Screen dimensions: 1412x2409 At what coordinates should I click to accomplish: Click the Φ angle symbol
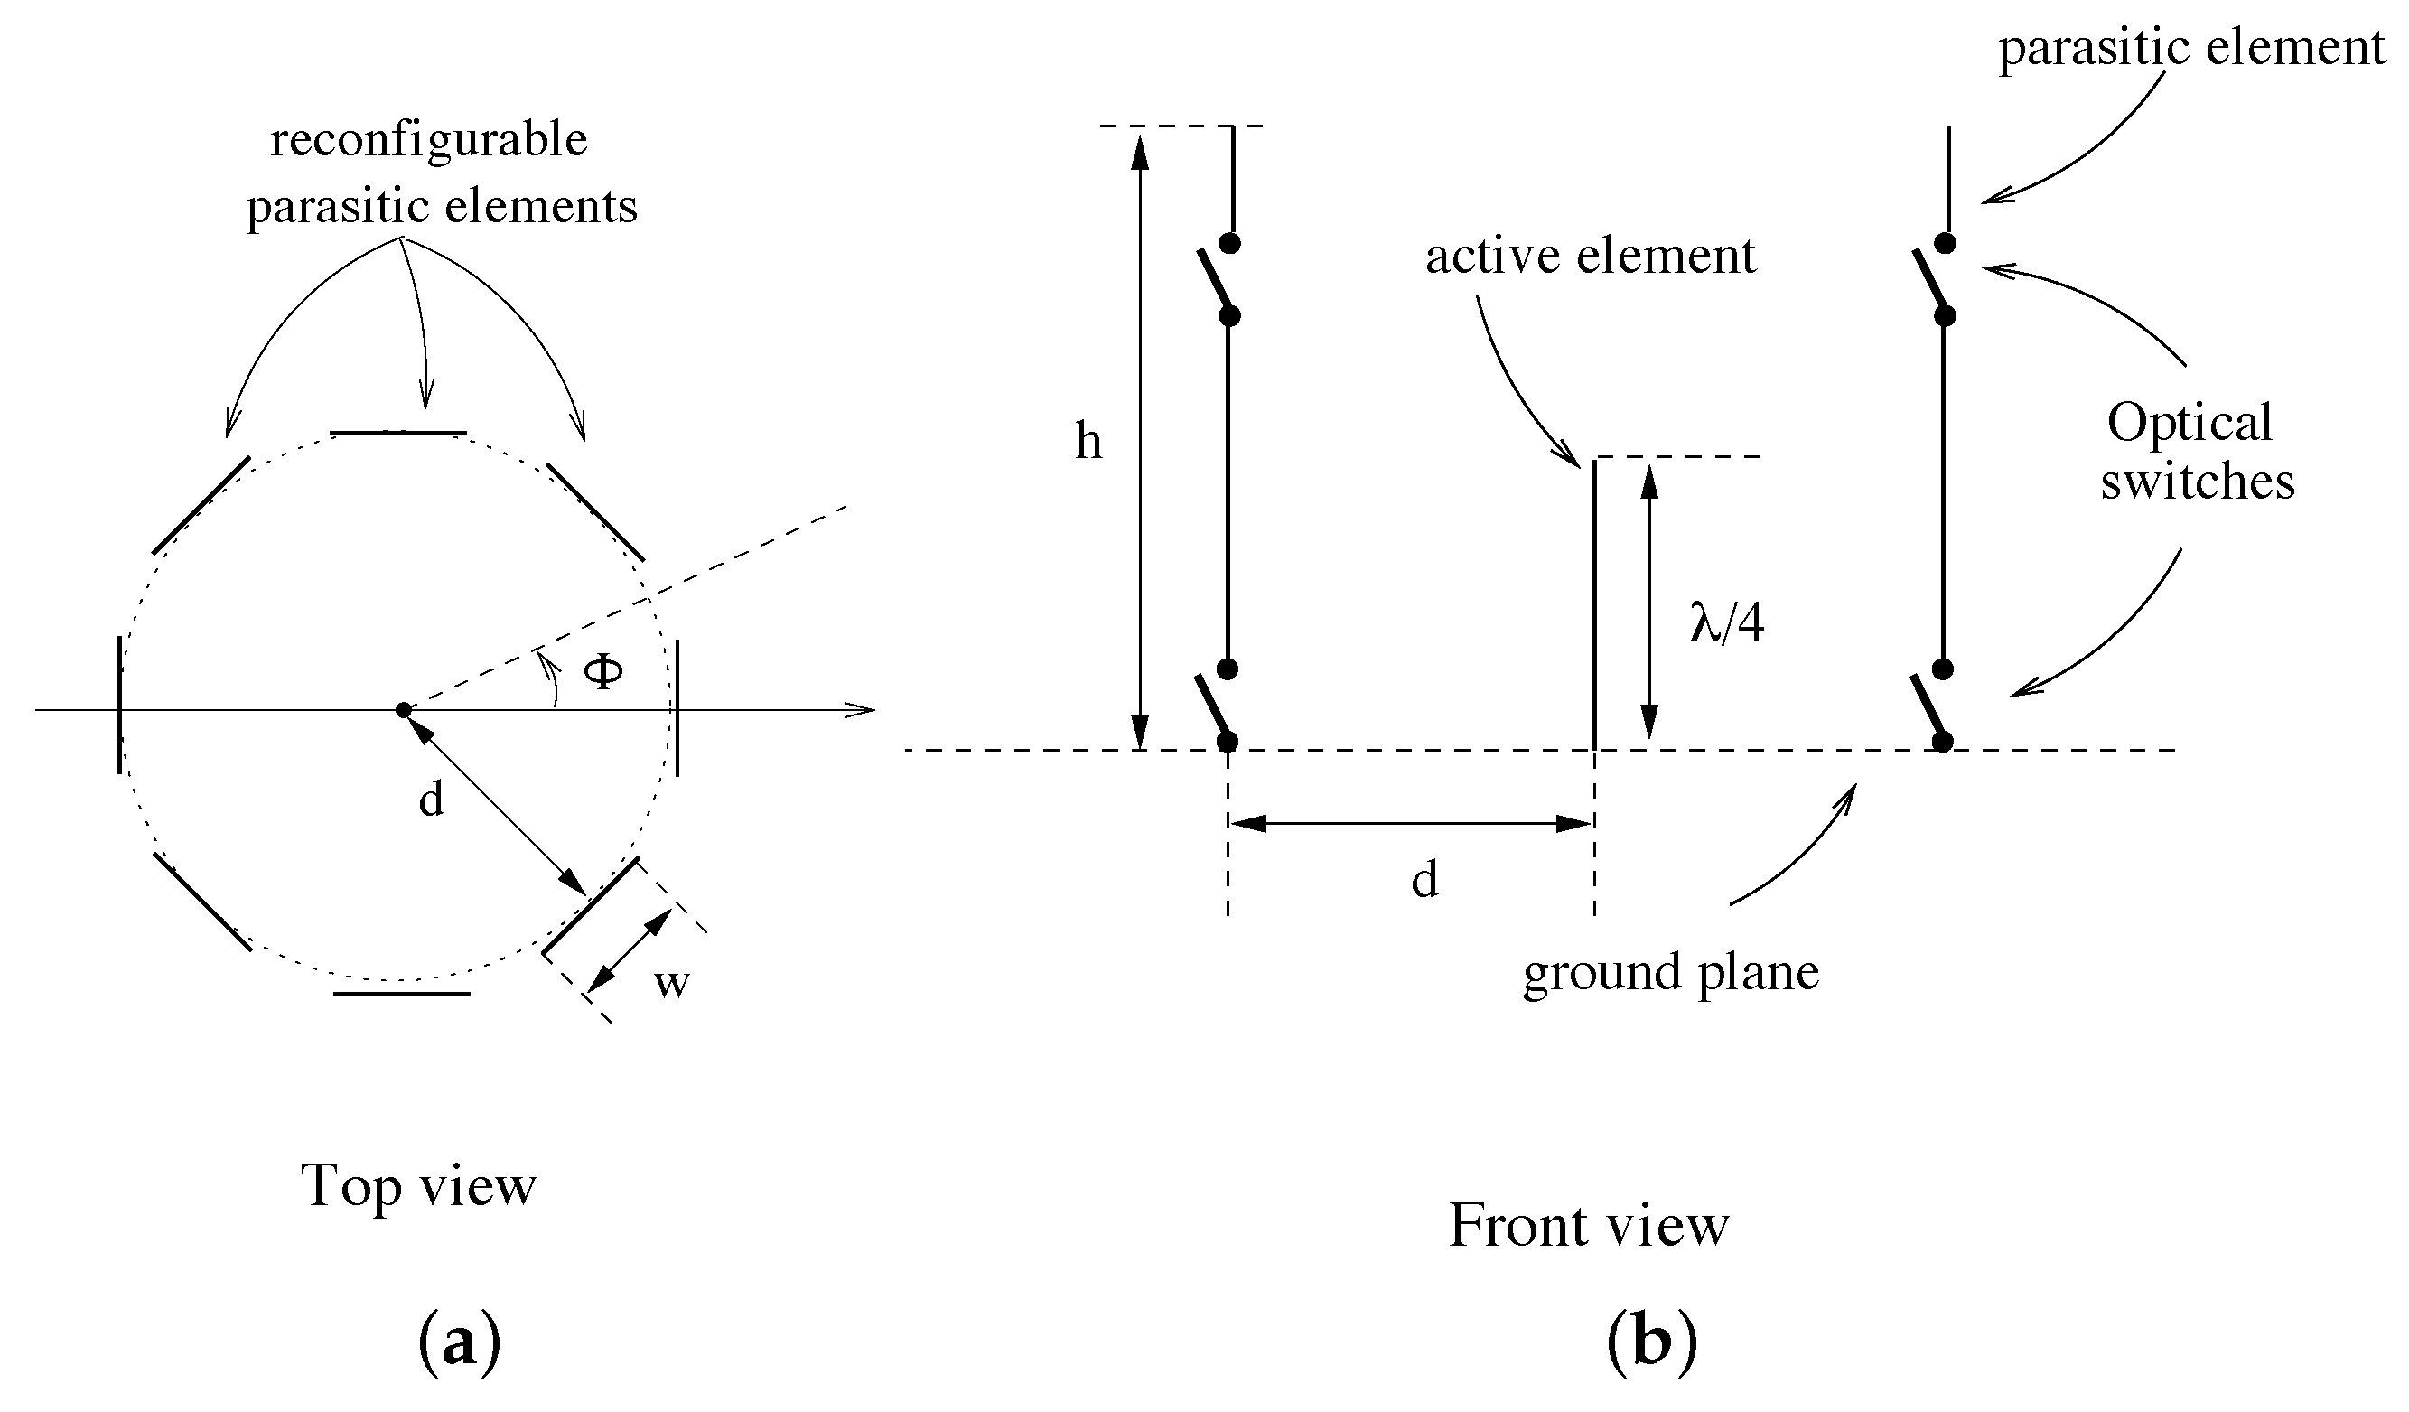pos(603,672)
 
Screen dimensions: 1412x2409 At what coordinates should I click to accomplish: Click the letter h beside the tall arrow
pos(1088,442)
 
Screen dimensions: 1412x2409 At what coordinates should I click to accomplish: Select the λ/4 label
pos(1726,623)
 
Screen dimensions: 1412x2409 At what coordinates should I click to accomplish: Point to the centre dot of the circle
pos(404,709)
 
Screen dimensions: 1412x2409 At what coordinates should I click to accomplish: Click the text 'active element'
pos(1591,257)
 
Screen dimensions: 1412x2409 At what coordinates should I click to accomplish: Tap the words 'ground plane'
pos(1671,972)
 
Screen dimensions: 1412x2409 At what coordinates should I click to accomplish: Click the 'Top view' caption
pos(419,1185)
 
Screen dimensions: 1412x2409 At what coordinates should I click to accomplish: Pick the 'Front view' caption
pos(1589,1226)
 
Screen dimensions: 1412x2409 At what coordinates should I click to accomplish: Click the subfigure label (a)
pos(459,1344)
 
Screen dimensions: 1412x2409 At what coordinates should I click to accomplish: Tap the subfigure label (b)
pos(1652,1344)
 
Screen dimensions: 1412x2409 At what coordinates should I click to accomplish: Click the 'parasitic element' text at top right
pos(2191,48)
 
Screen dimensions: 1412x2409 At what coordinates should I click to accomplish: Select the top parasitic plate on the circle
pos(398,433)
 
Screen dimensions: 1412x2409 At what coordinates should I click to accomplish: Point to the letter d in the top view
pos(431,799)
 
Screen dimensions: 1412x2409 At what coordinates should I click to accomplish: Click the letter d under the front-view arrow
pos(1424,880)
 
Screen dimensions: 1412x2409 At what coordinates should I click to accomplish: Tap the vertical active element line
pos(1593,603)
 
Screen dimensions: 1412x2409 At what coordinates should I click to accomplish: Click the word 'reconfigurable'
pos(429,141)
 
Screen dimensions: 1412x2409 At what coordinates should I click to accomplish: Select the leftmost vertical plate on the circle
pos(119,706)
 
